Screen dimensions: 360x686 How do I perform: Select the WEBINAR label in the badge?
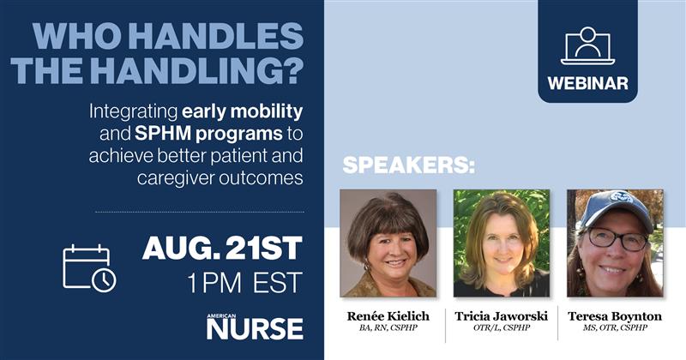pyautogui.click(x=587, y=83)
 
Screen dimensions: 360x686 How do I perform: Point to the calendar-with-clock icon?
pyautogui.click(x=89, y=267)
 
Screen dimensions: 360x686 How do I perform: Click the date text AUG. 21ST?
pyautogui.click(x=222, y=249)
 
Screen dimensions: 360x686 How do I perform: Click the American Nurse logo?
pyautogui.click(x=254, y=326)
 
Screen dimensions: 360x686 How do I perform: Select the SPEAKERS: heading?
pyautogui.click(x=408, y=165)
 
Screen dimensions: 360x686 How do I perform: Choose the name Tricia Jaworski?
pyautogui.click(x=501, y=316)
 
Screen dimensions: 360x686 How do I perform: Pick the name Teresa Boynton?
pyautogui.click(x=615, y=316)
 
